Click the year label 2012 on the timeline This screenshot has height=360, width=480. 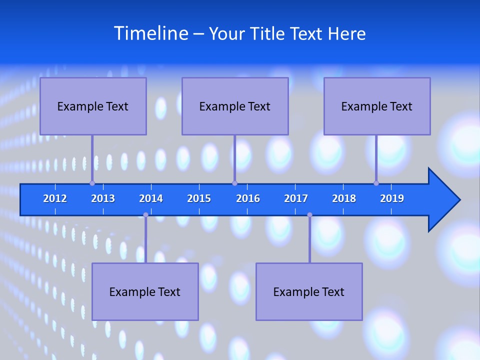tap(55, 198)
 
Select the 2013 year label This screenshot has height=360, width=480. tap(103, 198)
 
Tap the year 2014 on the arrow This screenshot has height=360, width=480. tap(151, 198)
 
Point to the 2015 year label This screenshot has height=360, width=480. tap(199, 198)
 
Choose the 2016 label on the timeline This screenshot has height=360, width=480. tap(248, 198)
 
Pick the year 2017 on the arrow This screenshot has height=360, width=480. tap(296, 198)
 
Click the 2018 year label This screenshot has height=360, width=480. tap(344, 198)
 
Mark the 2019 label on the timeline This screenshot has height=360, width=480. tap(392, 198)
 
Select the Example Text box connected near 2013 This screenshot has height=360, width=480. tap(93, 106)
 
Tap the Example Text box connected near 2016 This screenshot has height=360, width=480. tap(235, 106)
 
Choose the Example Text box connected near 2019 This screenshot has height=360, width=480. tap(377, 106)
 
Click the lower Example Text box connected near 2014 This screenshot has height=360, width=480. tap(145, 291)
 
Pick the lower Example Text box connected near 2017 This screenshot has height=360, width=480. tap(309, 291)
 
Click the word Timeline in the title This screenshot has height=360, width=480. tap(150, 33)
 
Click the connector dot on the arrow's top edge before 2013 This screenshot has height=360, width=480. tap(92, 183)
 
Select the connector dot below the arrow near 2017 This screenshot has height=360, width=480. tap(309, 215)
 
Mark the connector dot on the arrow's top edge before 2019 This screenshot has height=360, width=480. tap(376, 183)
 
